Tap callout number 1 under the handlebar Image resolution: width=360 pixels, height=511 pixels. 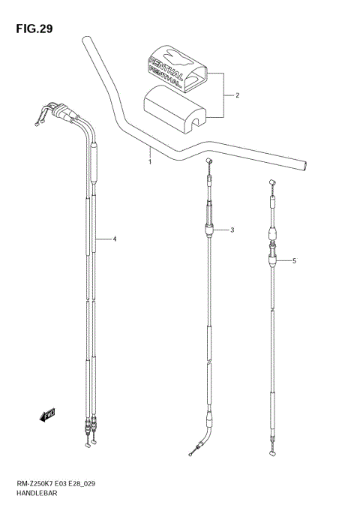point(149,161)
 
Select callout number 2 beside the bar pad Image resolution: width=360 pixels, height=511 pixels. point(237,96)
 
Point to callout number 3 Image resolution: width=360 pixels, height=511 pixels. point(232,230)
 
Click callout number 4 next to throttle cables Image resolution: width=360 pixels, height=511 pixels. point(115,239)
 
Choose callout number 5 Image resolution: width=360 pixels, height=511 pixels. point(295,261)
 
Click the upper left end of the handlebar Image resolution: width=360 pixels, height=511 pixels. point(88,41)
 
